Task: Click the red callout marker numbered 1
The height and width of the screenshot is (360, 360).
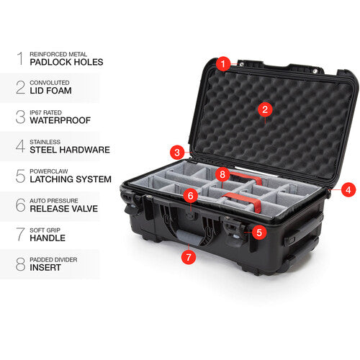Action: pos(223,64)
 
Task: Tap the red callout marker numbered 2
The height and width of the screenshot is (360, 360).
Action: pos(265,109)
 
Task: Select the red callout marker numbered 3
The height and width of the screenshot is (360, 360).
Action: pos(176,152)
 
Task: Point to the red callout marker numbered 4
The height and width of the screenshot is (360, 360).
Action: pos(348,190)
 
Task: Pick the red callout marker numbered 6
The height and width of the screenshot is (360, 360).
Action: pos(191,195)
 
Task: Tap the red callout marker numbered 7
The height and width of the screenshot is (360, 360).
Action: pos(189,256)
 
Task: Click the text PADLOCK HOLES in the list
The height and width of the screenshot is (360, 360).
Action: pos(66,63)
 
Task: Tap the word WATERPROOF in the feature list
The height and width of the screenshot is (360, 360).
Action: pos(61,121)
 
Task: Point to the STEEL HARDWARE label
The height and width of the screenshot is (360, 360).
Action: pos(70,150)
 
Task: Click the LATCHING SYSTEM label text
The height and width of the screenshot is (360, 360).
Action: pos(71,179)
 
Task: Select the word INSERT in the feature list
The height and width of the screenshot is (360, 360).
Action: pos(46,266)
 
